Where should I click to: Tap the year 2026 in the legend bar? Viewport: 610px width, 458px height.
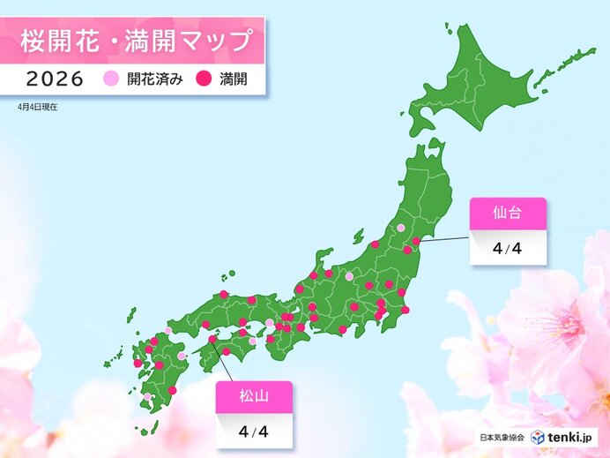pos(56,79)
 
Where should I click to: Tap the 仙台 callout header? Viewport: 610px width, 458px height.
pos(507,214)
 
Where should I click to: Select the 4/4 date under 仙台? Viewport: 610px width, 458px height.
pos(507,248)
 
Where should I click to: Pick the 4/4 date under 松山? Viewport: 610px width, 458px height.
pos(255,432)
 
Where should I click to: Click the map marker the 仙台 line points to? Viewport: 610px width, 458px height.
pos(416,240)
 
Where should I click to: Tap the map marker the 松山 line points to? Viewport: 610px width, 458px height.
pos(212,337)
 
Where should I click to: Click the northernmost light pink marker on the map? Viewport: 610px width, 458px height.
pos(401,228)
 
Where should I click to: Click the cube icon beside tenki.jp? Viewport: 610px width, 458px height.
pos(539,437)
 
